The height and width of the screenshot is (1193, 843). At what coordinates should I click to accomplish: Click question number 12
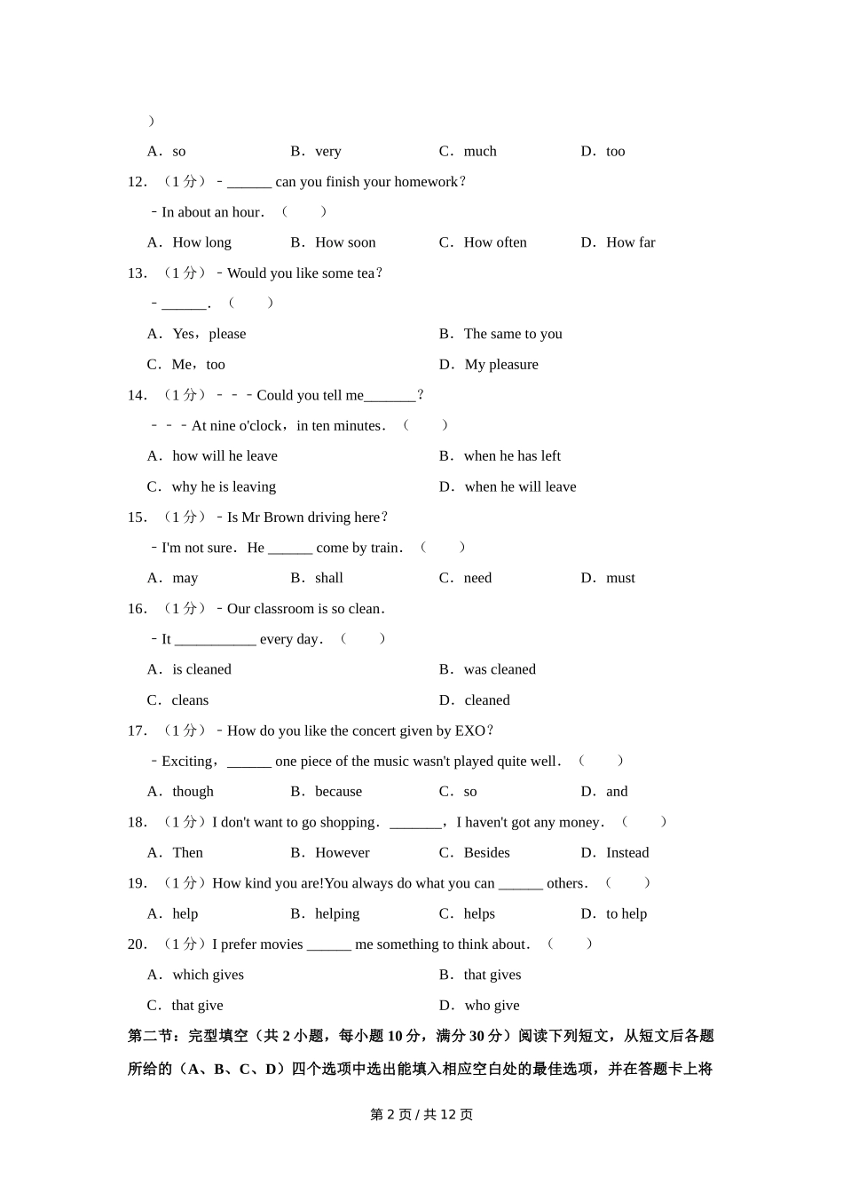[137, 182]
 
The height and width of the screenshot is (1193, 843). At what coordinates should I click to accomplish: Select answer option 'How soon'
[345, 242]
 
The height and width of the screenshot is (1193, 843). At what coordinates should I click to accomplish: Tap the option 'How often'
[495, 242]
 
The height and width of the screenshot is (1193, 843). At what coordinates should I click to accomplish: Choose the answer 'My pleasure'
[501, 365]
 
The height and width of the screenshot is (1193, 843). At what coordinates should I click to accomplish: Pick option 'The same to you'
[513, 334]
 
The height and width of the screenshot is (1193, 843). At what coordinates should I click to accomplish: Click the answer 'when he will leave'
[520, 486]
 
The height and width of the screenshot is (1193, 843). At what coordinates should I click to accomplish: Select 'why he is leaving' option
[224, 486]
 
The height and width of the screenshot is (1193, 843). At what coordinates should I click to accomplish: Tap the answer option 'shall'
[329, 578]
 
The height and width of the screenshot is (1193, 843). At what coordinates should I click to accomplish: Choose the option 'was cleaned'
[500, 669]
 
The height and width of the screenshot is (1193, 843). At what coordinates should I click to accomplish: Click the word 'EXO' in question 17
[469, 731]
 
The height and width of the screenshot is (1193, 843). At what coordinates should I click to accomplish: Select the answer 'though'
[193, 792]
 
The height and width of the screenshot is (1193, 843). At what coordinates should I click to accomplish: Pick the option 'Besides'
[486, 853]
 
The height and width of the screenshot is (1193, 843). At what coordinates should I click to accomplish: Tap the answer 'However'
[343, 853]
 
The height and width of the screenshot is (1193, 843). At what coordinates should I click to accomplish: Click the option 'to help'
[626, 914]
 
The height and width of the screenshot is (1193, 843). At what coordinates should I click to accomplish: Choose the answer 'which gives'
[208, 975]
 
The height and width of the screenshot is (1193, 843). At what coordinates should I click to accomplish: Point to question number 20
[137, 944]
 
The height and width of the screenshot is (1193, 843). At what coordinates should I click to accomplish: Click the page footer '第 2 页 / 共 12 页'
[421, 1115]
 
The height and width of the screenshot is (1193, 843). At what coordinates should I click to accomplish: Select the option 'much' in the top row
[480, 152]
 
